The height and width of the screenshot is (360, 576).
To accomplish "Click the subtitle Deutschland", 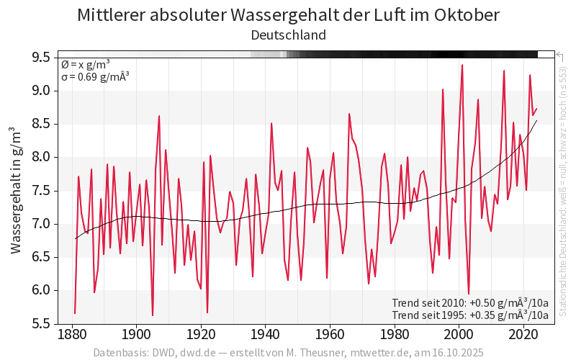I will coord(288,35).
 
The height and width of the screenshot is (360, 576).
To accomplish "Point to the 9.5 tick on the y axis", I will coord(41,58).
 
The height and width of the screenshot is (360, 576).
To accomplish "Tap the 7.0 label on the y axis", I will coord(41,224).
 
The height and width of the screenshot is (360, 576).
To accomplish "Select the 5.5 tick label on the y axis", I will coord(41,323).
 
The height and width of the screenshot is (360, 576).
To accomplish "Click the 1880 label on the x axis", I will coord(71,334).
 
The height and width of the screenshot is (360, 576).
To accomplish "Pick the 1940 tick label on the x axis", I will coord(265,334).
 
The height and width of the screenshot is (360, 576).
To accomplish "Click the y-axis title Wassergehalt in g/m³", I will coord(16,190).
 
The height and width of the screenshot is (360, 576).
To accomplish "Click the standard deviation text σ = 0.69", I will coord(94,76).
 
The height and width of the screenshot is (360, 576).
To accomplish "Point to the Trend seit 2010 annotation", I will coord(470,302).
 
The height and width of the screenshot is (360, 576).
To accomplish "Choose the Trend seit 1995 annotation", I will coord(470,315).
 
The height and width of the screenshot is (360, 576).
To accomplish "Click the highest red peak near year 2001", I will coord(462,65).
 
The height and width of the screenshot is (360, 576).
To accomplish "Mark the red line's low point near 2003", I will coord(469,294).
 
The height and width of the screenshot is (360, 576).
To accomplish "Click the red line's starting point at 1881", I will coord(75,313).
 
